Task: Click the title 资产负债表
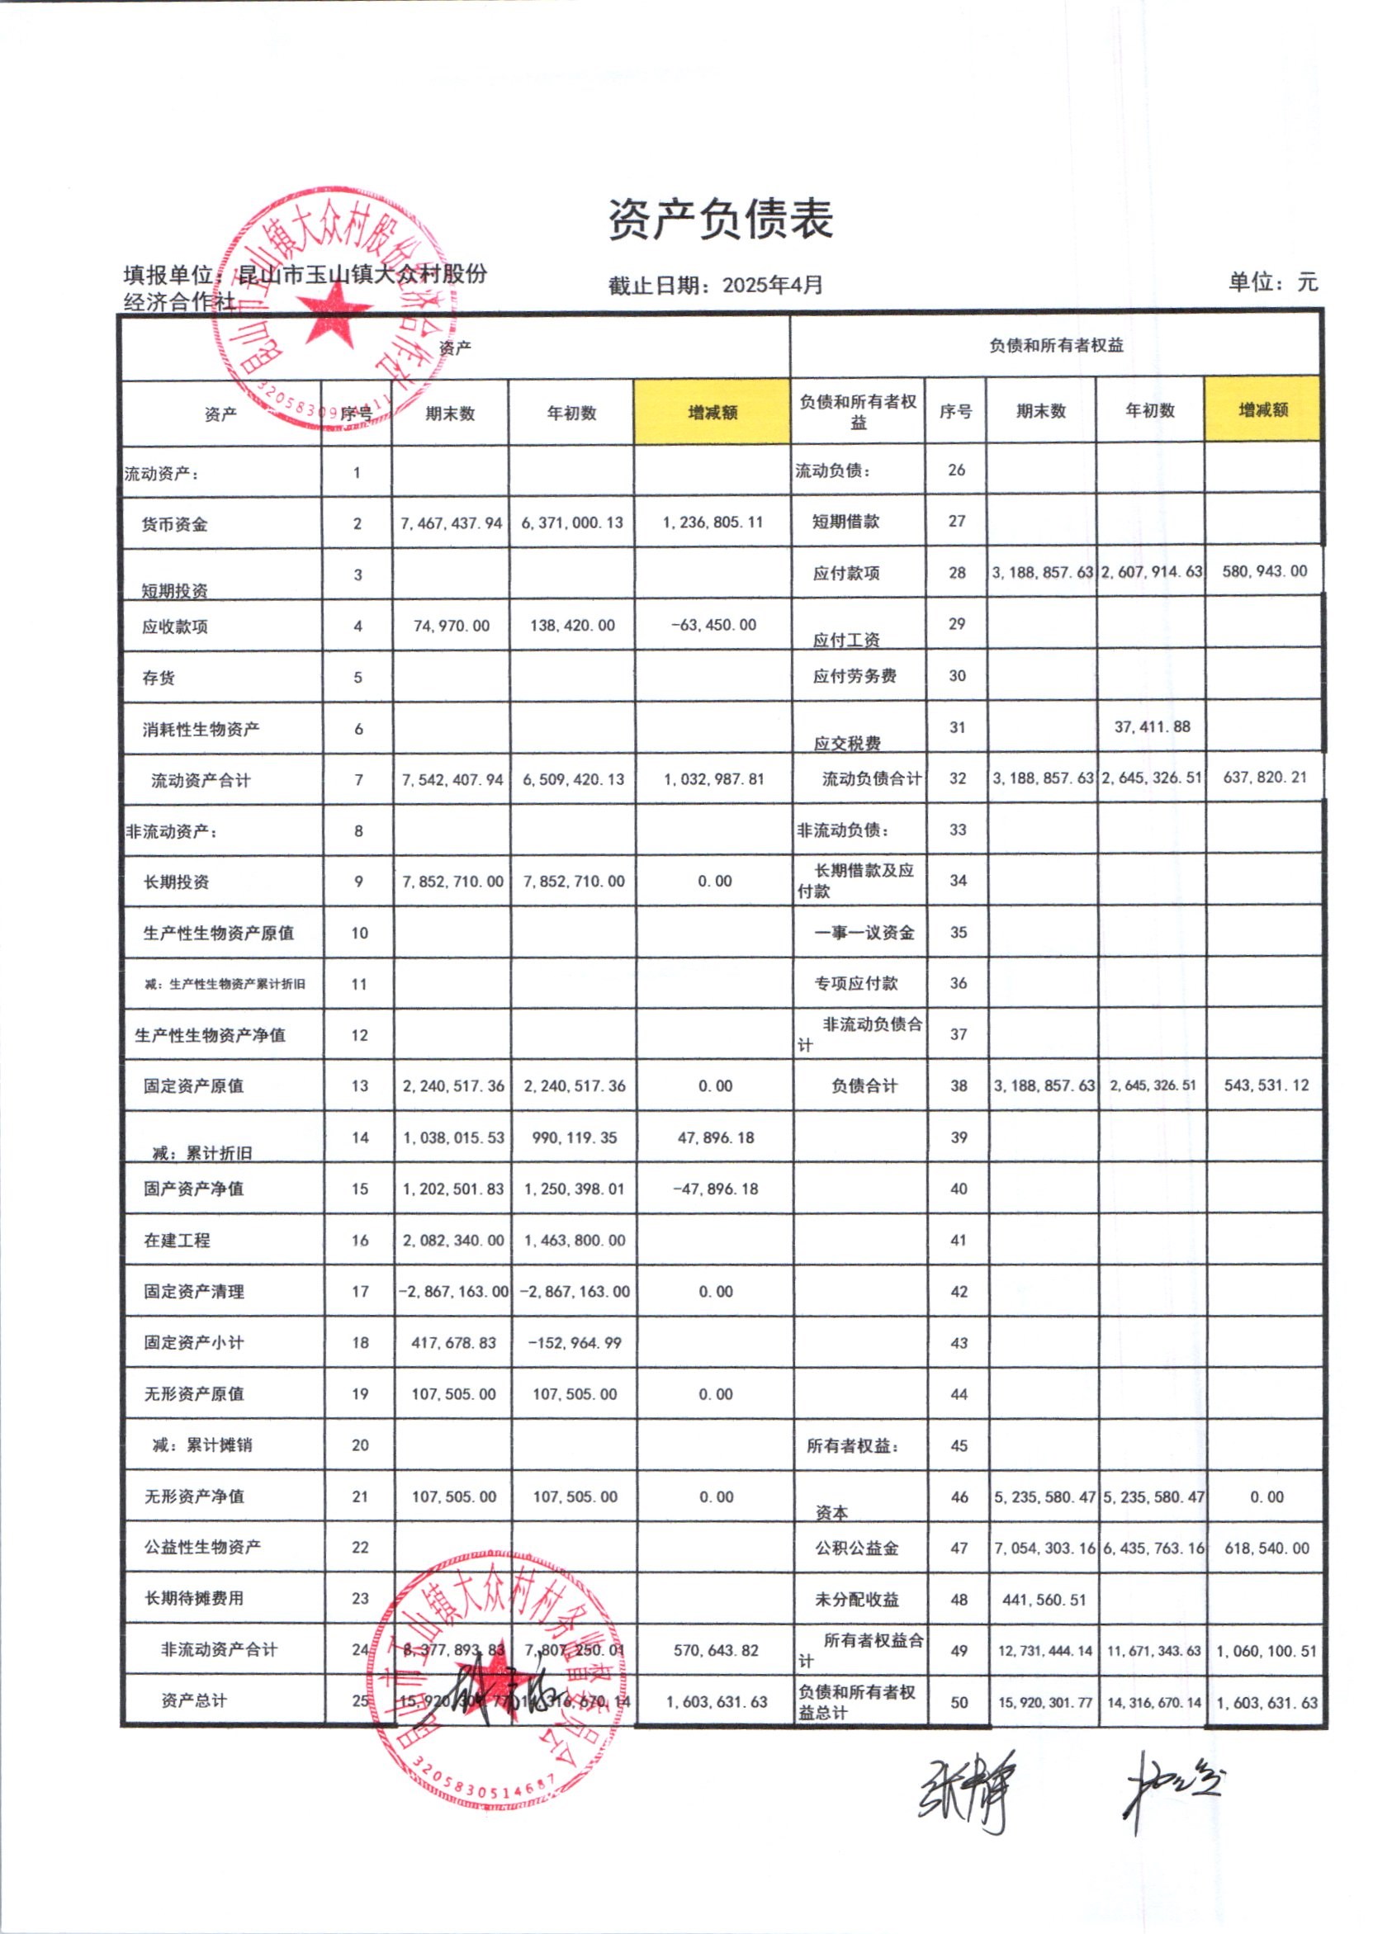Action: (x=720, y=220)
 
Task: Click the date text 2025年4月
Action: (x=772, y=285)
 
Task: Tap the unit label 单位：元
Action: (x=1271, y=281)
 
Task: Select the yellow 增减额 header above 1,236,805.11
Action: (x=712, y=413)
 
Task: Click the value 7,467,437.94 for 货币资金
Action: (x=452, y=523)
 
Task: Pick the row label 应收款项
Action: (x=175, y=627)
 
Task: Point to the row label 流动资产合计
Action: (x=201, y=780)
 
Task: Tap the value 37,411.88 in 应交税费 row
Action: (x=1152, y=727)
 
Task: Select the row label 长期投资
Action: (x=176, y=882)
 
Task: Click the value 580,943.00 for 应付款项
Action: (x=1264, y=571)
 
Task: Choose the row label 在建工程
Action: (x=177, y=1240)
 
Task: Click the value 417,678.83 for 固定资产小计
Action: (x=453, y=1343)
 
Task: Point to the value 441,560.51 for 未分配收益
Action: (x=1044, y=1599)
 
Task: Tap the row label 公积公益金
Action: (x=856, y=1549)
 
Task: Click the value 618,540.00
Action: (x=1266, y=1549)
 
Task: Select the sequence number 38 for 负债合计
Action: (x=958, y=1086)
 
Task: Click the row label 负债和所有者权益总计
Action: (x=855, y=1701)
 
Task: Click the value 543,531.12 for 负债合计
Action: (x=1266, y=1085)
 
